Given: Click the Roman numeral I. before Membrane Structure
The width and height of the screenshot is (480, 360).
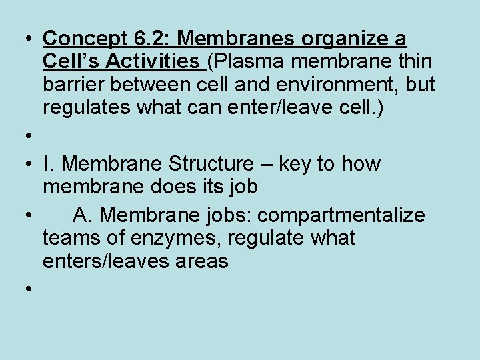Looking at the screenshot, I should pos(47,164).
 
